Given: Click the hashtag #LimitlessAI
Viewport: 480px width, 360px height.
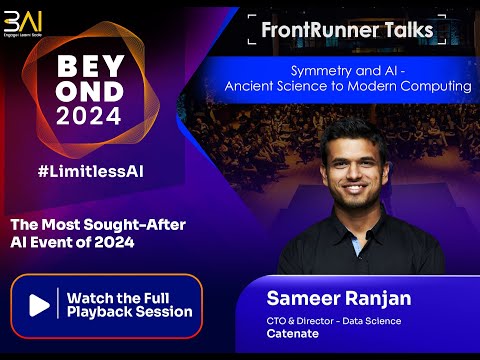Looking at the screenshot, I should pos(91,171).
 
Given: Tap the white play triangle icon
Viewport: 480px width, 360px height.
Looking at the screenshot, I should pos(39,305).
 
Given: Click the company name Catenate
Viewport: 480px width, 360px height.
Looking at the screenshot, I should pos(293,334).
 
